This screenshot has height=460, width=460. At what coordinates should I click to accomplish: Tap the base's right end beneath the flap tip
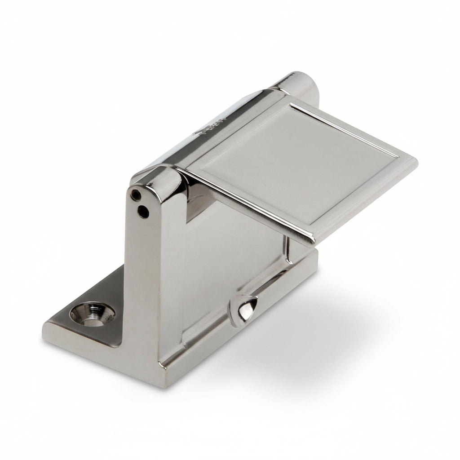point(310,261)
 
